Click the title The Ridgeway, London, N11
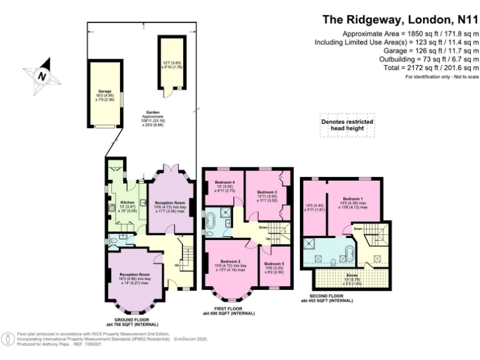(x=400, y=19)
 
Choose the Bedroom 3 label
(x=267, y=192)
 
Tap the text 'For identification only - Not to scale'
(x=441, y=77)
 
